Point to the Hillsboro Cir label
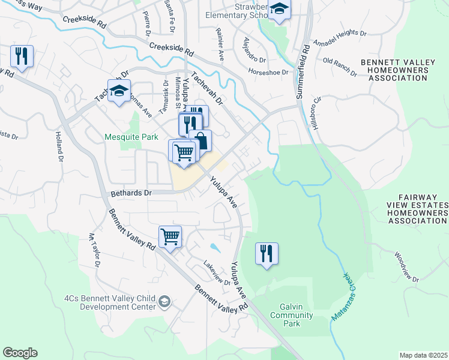pos(316,112)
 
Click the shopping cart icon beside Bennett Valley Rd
pos(170,236)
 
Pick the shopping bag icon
pos(201,141)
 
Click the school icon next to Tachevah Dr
pos(119,91)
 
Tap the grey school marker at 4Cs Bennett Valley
pos(165,301)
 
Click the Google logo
pos(20,353)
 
